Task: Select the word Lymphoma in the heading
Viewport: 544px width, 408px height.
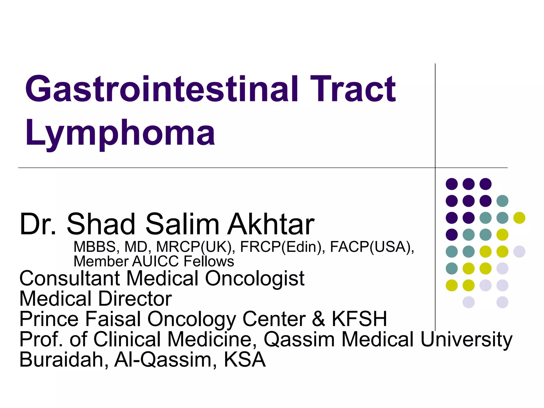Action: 120,133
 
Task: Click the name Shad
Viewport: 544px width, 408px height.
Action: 101,224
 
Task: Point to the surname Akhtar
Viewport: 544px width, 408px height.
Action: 271,224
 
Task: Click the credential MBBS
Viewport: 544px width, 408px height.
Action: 95,247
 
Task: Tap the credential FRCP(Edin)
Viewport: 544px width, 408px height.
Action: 283,247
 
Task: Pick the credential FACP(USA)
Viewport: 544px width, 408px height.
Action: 372,247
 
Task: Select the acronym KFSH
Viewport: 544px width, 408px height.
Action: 359,319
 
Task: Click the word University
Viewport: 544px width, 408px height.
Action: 466,339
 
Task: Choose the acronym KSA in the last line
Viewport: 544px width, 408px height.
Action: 244,360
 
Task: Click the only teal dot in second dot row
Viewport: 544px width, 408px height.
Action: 502,201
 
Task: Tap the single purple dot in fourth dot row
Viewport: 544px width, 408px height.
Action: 452,235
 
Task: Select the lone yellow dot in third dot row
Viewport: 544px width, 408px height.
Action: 519,218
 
